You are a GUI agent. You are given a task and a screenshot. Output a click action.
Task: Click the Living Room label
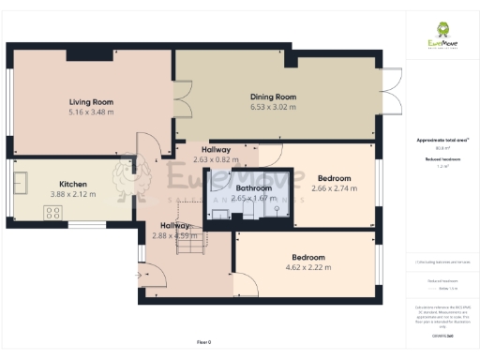91,102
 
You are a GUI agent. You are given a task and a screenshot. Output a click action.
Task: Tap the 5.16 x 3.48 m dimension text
91,112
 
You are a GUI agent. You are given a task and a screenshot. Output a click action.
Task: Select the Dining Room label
273,97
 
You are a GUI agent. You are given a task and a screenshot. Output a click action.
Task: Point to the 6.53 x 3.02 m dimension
273,107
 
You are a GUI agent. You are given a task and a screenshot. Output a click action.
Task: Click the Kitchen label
73,184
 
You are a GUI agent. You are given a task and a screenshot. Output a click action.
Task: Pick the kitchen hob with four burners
51,212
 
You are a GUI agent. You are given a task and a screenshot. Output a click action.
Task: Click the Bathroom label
253,188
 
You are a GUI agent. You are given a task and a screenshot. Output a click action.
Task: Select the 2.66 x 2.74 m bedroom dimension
335,188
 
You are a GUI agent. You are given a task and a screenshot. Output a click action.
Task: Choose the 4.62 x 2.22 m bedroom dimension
308,268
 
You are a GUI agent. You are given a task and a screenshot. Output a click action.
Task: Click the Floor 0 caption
205,342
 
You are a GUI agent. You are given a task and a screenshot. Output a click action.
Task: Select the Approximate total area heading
442,141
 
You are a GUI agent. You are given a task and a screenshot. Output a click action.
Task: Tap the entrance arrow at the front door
141,276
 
